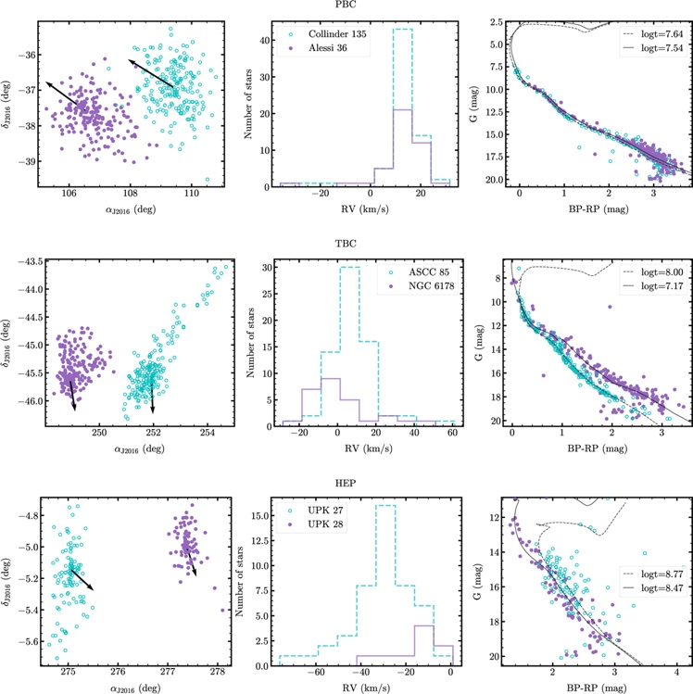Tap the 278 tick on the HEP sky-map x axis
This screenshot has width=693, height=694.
point(218,669)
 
